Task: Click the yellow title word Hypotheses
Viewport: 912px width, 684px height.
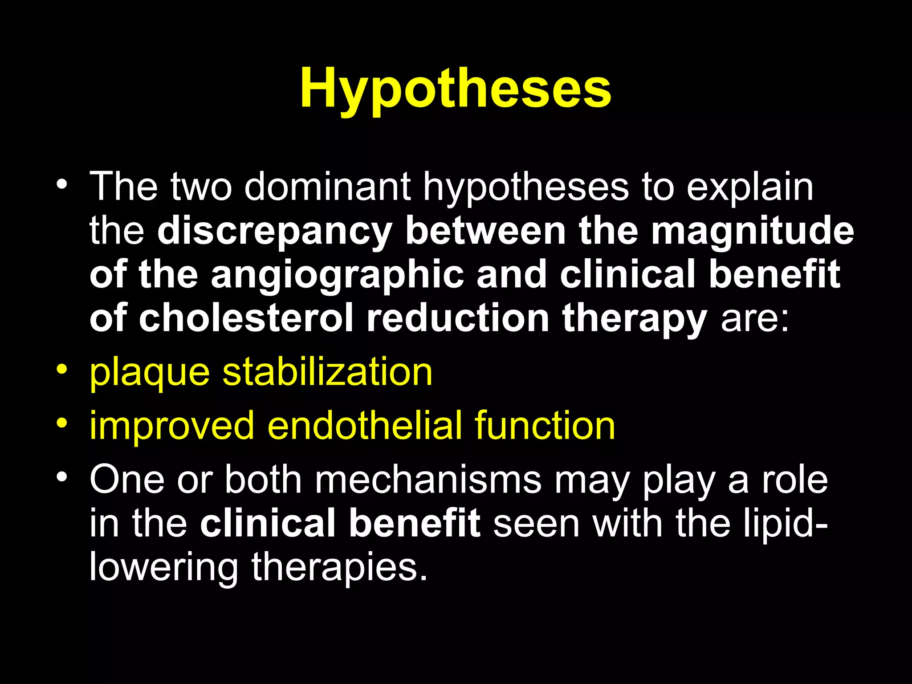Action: (456, 89)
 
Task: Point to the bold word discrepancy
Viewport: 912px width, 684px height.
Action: (274, 232)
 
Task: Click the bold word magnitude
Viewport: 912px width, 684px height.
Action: (753, 232)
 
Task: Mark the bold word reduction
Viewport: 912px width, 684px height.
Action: (458, 318)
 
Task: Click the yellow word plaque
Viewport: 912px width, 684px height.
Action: (149, 373)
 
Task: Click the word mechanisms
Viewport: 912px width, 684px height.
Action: (428, 480)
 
